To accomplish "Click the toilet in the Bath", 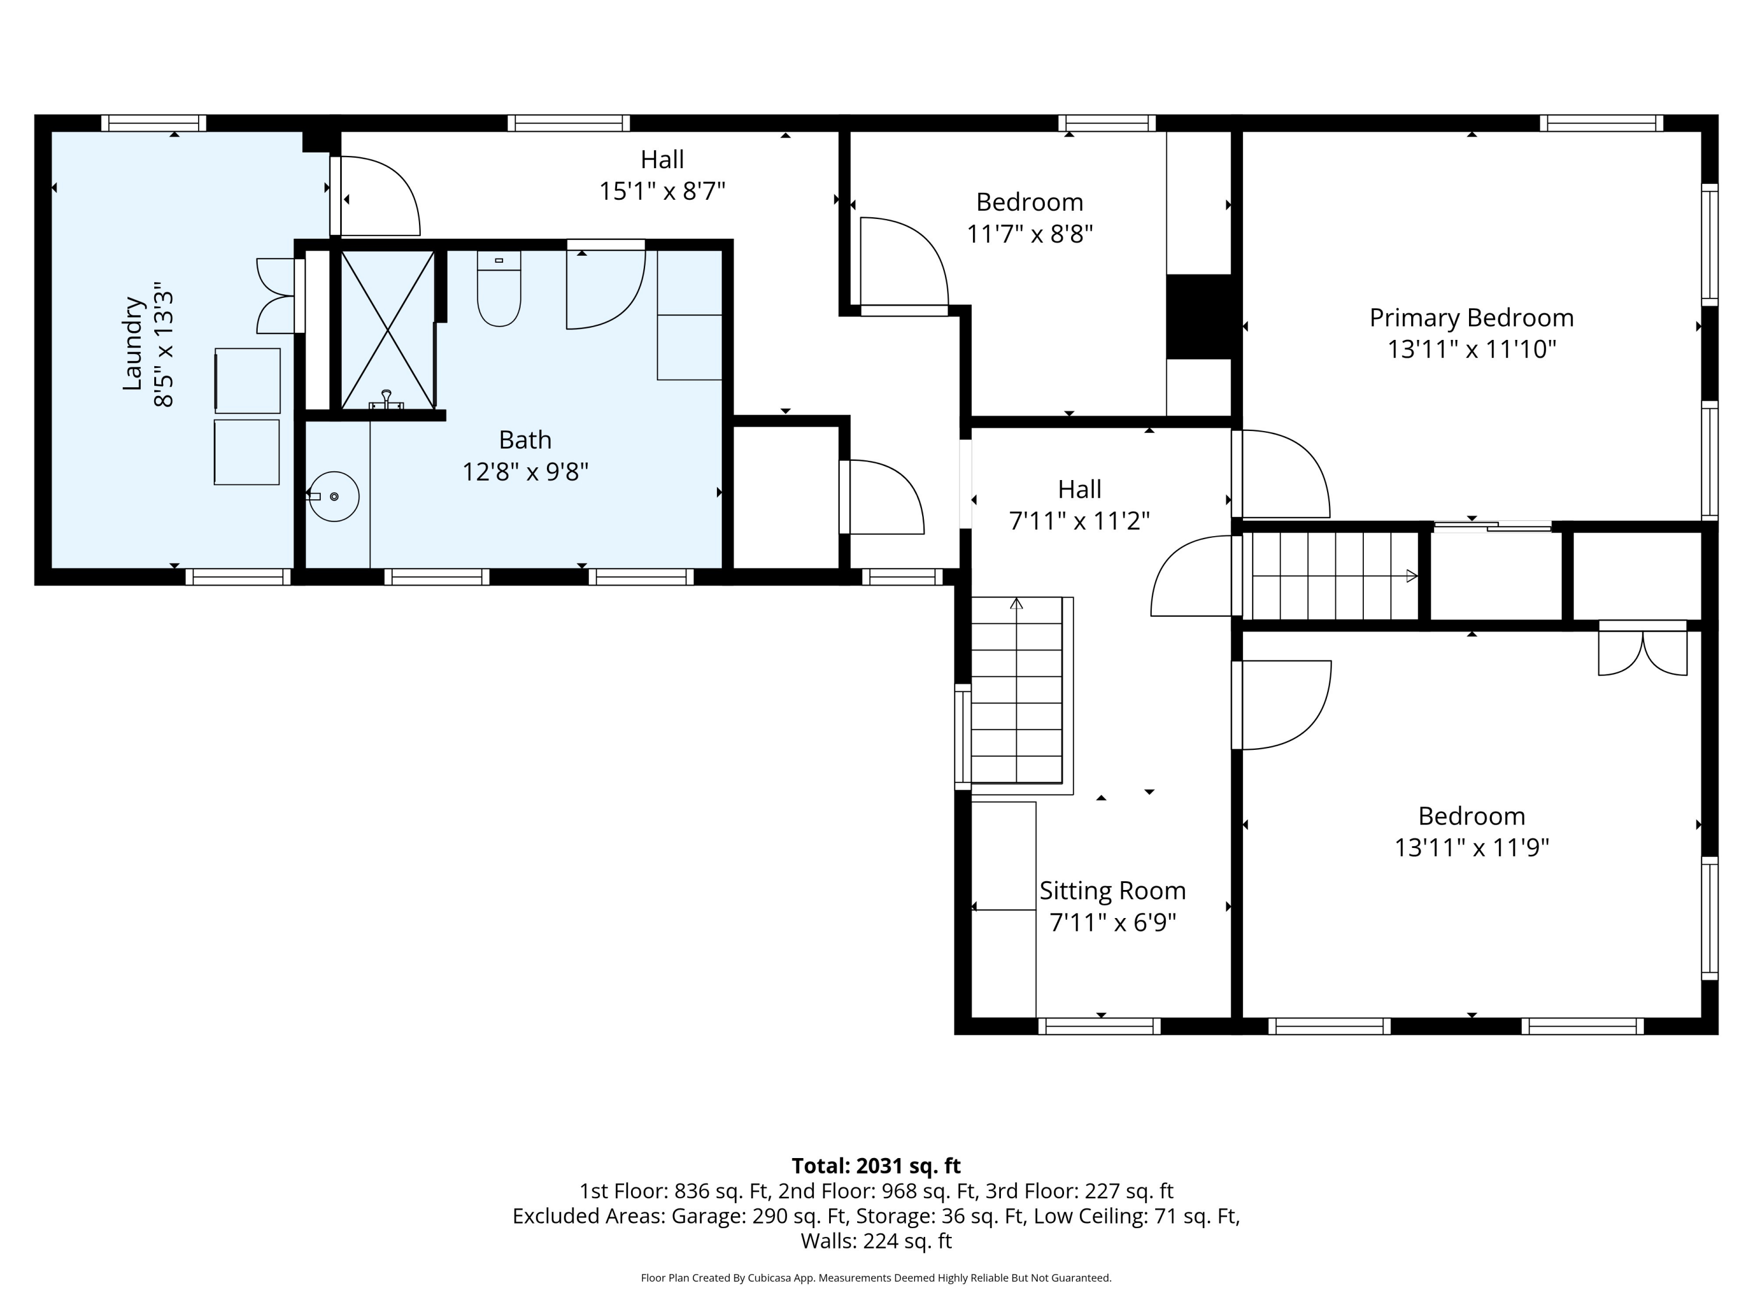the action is tap(498, 288).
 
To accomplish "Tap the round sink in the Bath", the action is tap(334, 496).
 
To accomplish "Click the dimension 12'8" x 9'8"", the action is tap(525, 472).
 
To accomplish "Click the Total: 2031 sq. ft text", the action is tap(876, 1166).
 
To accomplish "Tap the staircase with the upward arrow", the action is tap(1017, 690).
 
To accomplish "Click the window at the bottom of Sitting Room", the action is tap(1099, 1027).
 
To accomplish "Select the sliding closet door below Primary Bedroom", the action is tap(1493, 526).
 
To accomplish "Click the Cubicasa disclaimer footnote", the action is tap(876, 1278).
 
